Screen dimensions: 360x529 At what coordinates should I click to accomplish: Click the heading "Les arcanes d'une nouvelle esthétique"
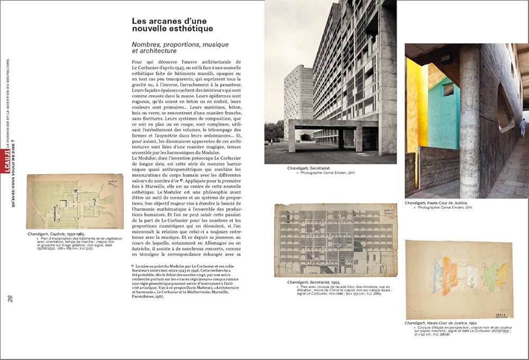(172, 24)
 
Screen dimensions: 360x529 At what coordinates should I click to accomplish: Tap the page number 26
(10, 298)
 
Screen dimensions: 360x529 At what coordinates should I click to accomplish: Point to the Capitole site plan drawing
(75, 201)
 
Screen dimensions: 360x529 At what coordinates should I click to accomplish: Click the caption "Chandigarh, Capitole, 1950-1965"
(56, 233)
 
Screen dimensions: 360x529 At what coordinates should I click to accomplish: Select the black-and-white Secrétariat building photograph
(330, 82)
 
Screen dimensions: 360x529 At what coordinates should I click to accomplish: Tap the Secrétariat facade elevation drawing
(329, 239)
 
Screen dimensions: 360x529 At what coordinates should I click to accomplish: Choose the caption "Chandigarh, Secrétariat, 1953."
(314, 283)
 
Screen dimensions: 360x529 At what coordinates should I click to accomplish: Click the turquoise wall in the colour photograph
(443, 113)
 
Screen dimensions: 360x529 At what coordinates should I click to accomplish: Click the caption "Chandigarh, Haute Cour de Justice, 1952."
(441, 323)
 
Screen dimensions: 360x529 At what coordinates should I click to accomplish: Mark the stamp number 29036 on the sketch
(502, 314)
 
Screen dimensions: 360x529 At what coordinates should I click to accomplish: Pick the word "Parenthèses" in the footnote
(146, 297)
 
